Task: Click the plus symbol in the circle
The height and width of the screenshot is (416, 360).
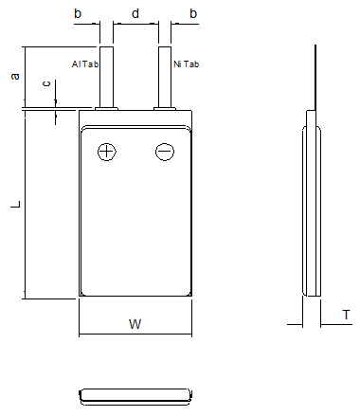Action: (106, 152)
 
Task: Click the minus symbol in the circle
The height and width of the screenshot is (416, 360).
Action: (165, 152)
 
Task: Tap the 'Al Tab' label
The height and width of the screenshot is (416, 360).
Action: (82, 64)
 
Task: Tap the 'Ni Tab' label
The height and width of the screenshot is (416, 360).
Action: (187, 64)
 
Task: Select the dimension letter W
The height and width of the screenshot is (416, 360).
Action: (135, 325)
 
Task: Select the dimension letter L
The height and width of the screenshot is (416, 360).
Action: (15, 205)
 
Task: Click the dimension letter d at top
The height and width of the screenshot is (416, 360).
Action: (135, 13)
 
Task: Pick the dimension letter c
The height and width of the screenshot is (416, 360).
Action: (46, 84)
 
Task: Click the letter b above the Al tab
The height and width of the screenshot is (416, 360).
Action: (78, 13)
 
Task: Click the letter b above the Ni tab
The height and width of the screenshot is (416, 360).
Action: (193, 13)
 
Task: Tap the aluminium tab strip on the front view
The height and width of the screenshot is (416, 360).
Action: (106, 76)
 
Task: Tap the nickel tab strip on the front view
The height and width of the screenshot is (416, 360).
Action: (165, 76)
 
